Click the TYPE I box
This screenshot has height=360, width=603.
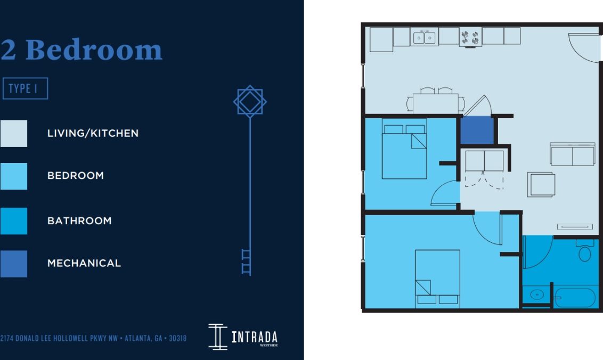25,89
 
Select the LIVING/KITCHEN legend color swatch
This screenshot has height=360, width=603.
13,133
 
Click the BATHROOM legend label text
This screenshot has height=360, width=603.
79,220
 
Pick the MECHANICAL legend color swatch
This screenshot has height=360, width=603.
13,264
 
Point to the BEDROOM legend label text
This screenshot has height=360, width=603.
76,176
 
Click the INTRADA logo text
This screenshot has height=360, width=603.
254,337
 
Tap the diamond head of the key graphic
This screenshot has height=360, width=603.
250,101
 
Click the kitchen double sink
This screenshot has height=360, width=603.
425,37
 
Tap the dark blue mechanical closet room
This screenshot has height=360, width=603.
477,130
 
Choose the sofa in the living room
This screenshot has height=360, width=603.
572,154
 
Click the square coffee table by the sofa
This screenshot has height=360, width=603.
542,184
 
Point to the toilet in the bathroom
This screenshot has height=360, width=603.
584,250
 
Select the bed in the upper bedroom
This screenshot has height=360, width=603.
404,152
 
